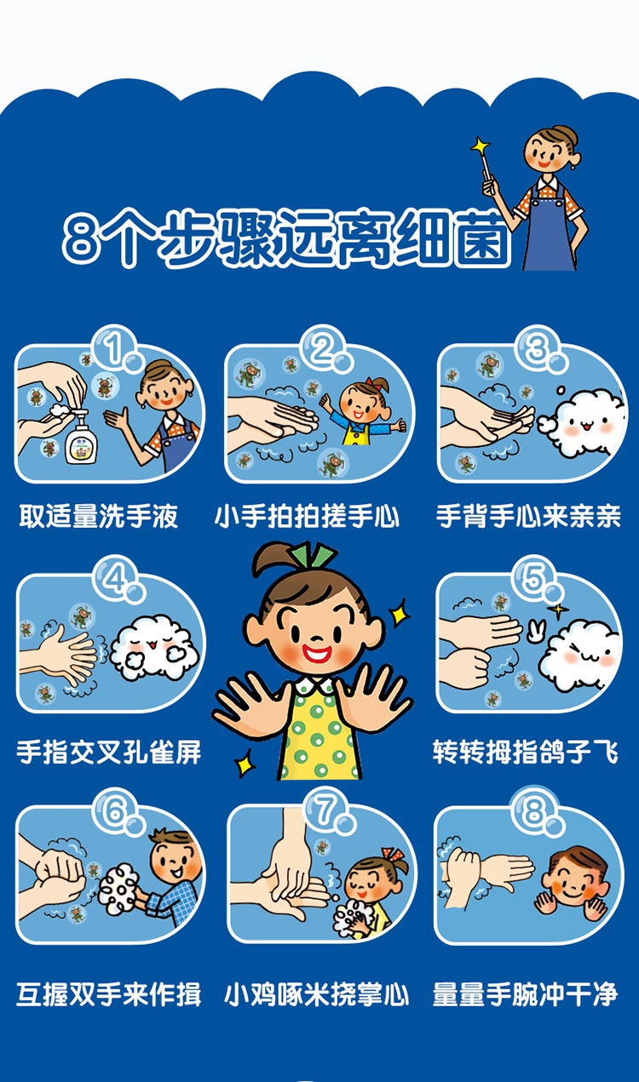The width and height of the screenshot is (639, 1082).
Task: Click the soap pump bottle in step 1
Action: [81, 437]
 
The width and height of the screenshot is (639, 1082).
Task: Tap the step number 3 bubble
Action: [538, 349]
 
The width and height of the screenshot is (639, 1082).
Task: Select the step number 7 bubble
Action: [329, 810]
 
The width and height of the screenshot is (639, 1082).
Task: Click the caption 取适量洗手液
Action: [99, 516]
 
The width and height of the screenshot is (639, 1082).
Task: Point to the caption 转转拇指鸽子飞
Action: [526, 752]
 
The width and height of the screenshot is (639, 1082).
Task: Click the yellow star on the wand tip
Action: [481, 145]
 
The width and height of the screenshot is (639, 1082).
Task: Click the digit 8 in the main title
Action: [79, 240]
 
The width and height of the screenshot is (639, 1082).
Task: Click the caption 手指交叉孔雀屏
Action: [109, 752]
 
